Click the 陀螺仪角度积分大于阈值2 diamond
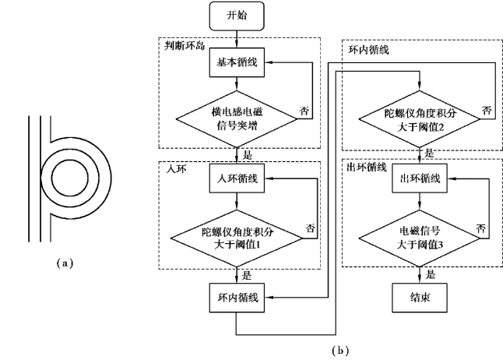click(x=420, y=117)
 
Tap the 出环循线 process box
click(x=420, y=178)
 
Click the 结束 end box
click(x=420, y=296)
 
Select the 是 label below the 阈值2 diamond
click(x=431, y=153)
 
